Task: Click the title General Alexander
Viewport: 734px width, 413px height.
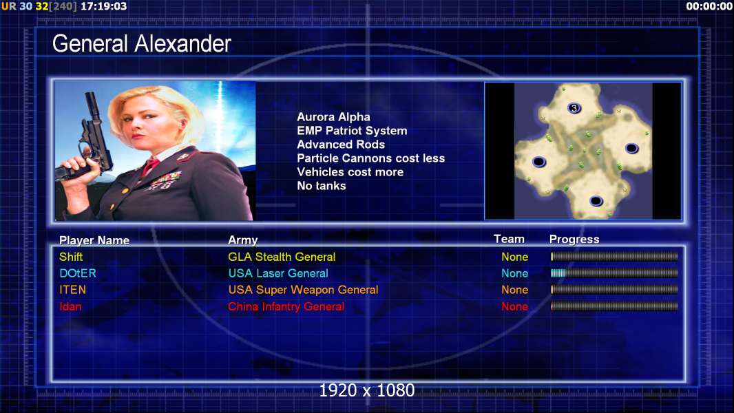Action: tap(141, 44)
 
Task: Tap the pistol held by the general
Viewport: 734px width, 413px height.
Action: tap(89, 140)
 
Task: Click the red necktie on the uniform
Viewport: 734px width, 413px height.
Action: tap(150, 166)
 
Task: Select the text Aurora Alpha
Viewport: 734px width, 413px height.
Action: tap(333, 117)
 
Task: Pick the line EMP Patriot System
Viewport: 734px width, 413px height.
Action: tap(352, 131)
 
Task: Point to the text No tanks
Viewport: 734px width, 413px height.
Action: tap(321, 186)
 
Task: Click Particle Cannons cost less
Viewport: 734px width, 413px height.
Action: tap(370, 158)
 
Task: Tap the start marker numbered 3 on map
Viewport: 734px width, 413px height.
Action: tap(574, 108)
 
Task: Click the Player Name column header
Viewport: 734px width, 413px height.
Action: tap(94, 240)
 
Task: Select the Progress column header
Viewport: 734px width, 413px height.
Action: tap(574, 239)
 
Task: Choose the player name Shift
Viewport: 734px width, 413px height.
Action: tap(71, 257)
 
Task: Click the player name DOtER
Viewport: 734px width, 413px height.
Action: tap(78, 273)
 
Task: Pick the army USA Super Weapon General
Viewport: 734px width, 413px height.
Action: tap(303, 290)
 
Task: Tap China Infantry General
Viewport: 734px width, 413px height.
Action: tap(286, 307)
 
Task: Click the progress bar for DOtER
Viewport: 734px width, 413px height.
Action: tap(614, 273)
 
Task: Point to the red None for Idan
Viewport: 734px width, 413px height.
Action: tap(514, 307)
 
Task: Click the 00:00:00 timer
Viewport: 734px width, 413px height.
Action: tap(709, 6)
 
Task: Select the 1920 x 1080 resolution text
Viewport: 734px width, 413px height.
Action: tap(366, 390)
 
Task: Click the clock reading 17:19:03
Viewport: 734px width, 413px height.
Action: tap(103, 6)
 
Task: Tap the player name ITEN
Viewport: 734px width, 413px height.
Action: tap(72, 290)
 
